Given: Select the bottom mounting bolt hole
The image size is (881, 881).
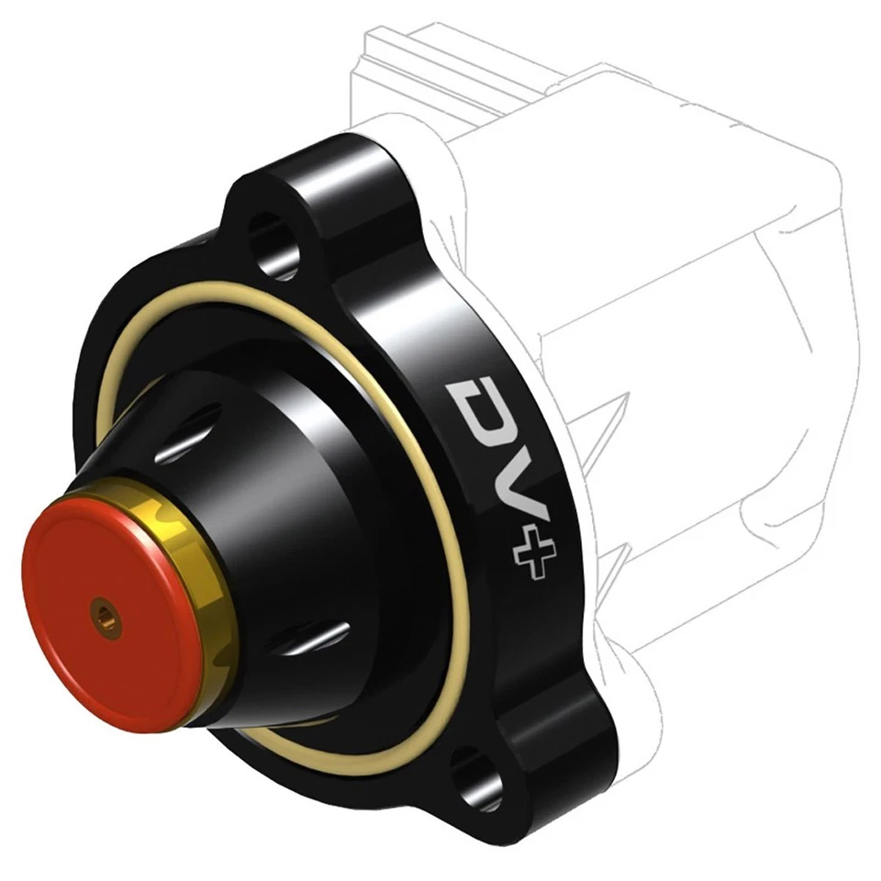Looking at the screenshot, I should click(x=475, y=769).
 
